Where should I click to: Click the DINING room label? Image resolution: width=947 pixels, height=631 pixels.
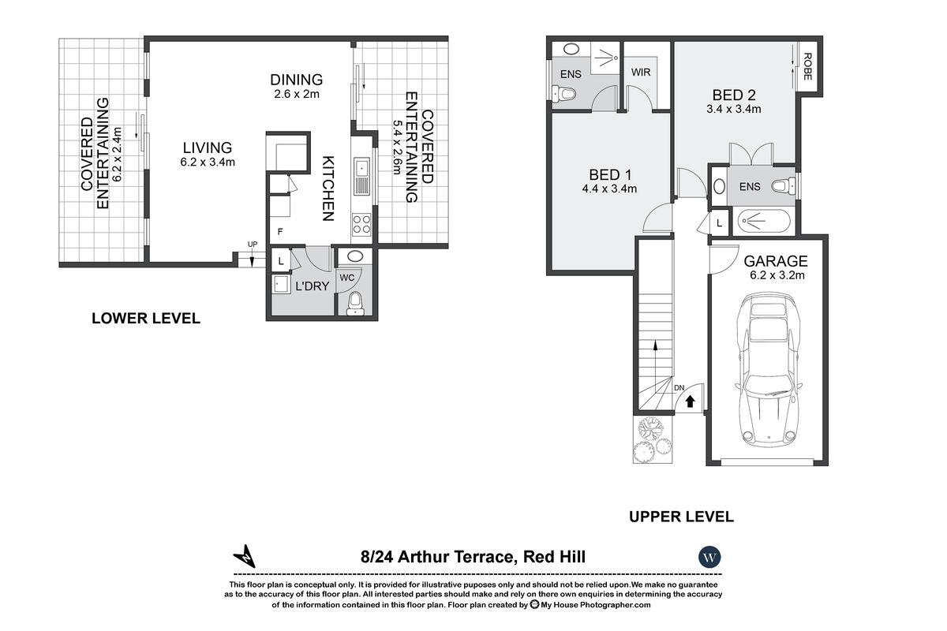click(x=296, y=80)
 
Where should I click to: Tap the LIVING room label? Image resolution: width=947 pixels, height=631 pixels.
click(x=208, y=147)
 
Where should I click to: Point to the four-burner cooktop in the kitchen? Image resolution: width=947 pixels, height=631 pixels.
click(x=361, y=224)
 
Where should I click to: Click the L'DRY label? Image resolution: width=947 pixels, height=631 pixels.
click(x=311, y=286)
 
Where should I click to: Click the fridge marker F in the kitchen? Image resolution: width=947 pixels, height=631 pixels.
click(x=279, y=232)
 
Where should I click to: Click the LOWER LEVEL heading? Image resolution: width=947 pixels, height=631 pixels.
click(x=146, y=319)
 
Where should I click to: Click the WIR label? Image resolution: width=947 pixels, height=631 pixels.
click(x=640, y=72)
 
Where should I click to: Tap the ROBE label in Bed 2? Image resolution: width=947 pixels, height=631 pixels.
click(x=807, y=66)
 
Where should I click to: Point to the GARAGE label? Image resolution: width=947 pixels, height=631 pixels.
click(x=776, y=261)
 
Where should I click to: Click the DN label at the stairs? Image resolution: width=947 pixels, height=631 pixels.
click(x=678, y=388)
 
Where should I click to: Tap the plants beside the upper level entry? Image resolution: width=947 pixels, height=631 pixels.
click(x=653, y=440)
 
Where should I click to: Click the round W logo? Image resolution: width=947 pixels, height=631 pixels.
click(x=709, y=557)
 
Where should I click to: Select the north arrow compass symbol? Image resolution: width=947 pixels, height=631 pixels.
click(x=247, y=556)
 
